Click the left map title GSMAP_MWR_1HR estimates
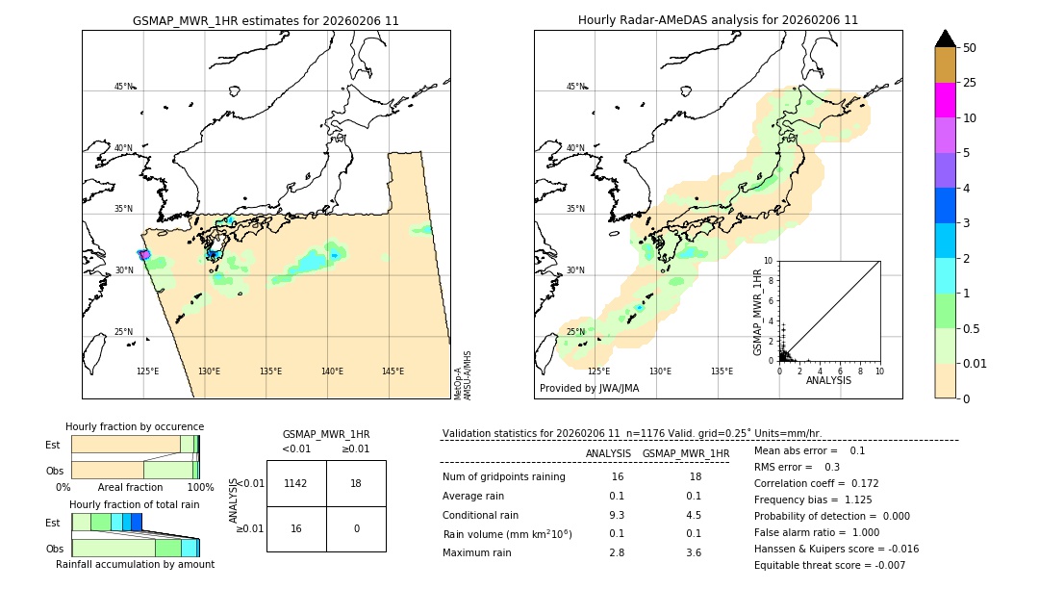pyautogui.click(x=266, y=20)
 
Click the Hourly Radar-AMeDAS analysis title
pyautogui.click(x=718, y=20)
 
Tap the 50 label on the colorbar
pyautogui.click(x=970, y=48)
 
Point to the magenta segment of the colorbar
pyautogui.click(x=945, y=100)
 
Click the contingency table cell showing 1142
pyautogui.click(x=296, y=483)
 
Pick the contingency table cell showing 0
pyautogui.click(x=356, y=528)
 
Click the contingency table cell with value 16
pyautogui.click(x=296, y=528)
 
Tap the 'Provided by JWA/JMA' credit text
pyautogui.click(x=589, y=389)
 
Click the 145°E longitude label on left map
pyautogui.click(x=393, y=371)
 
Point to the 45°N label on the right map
pyautogui.click(x=575, y=87)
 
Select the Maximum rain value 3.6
pyautogui.click(x=693, y=553)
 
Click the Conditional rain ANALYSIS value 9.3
pyautogui.click(x=617, y=515)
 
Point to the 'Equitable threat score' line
pyautogui.click(x=829, y=565)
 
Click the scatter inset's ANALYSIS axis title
pyautogui.click(x=828, y=380)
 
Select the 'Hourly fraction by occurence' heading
pyautogui.click(x=135, y=426)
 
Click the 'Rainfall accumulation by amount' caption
pyautogui.click(x=135, y=564)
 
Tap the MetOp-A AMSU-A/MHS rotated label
pyautogui.click(x=463, y=375)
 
